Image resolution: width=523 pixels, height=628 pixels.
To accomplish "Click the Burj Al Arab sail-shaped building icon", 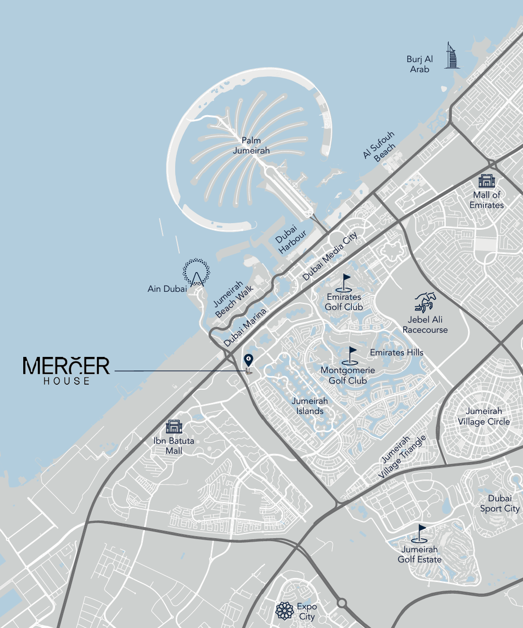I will tap(452, 56).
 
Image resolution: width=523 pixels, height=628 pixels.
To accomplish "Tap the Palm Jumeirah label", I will tap(251, 145).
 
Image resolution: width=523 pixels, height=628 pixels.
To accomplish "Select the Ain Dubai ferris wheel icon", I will tap(196, 273).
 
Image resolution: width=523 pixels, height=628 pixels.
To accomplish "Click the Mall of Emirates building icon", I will tap(487, 181).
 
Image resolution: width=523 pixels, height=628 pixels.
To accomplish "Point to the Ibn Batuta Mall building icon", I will tap(173, 427).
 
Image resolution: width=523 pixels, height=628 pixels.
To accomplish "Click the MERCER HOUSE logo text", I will tap(66, 370).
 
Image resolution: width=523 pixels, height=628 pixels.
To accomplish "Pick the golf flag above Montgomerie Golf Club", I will tap(351, 355).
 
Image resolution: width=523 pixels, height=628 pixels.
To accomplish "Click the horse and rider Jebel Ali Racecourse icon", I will tap(426, 302).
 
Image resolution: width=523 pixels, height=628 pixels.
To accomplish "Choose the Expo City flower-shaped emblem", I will tap(285, 611).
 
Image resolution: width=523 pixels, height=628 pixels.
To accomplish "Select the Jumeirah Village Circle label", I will tap(484, 416).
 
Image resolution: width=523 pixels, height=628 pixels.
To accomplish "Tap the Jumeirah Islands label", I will tap(310, 406).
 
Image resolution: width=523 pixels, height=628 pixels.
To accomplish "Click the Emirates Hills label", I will tap(397, 352).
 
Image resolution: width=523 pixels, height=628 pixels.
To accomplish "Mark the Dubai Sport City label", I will tap(500, 503).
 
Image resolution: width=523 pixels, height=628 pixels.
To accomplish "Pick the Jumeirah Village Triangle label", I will tap(402, 457).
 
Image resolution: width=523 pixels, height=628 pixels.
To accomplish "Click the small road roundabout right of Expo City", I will tap(342, 603).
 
